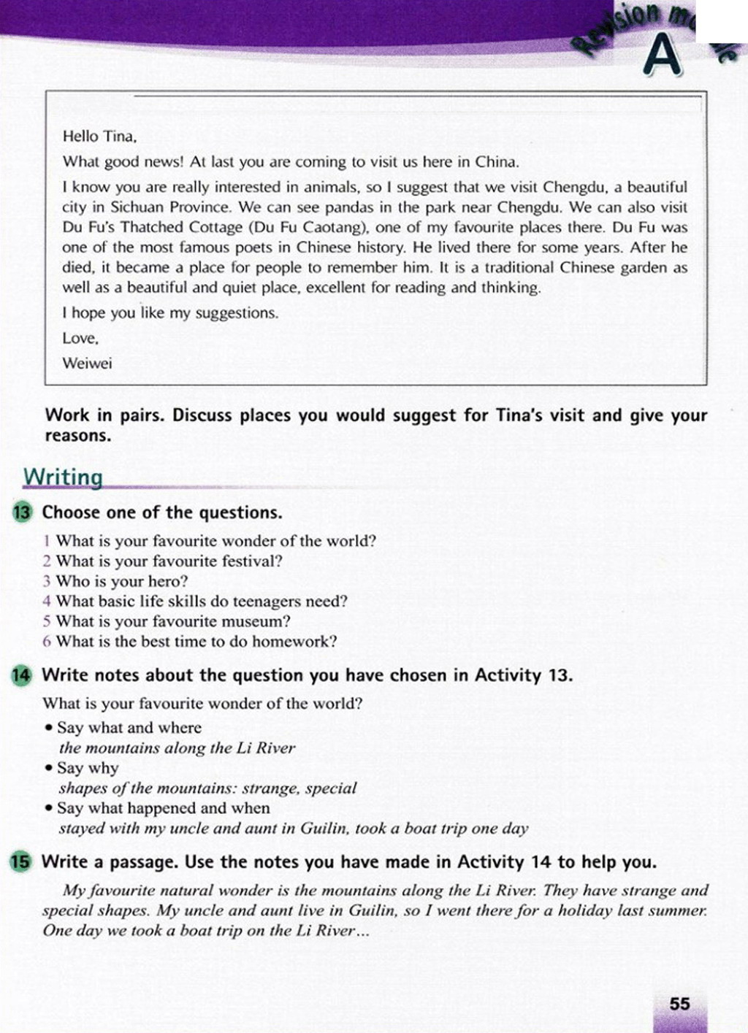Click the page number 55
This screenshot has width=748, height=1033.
679,1004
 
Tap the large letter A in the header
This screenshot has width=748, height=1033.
663,57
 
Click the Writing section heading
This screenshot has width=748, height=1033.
63,477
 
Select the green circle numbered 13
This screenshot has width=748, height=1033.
23,512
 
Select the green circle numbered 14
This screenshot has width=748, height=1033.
22,675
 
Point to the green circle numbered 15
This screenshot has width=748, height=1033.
22,861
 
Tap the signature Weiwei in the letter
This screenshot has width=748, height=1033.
87,364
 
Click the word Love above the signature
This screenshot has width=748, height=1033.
80,338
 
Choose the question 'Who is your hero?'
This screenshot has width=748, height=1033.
121,581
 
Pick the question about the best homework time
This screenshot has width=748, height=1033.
196,642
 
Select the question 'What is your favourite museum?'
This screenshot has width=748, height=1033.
172,621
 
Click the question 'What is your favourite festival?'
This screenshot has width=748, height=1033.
169,561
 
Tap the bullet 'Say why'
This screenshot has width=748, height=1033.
87,768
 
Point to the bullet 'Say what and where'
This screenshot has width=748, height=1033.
129,728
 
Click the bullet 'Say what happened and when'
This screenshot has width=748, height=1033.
163,808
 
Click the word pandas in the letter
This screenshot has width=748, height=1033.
345,207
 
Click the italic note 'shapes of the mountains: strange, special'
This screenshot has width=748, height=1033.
207,788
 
